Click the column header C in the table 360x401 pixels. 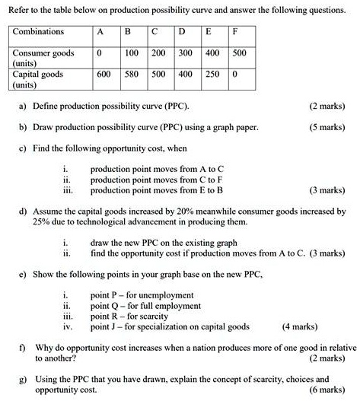point(156,33)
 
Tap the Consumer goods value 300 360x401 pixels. point(186,54)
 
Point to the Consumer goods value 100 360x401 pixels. point(131,54)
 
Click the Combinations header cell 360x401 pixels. point(38,33)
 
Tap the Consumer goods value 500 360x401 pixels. point(240,54)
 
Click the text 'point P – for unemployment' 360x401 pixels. point(142,294)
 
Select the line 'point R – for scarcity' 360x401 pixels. point(127,316)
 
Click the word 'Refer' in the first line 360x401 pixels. point(21,11)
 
